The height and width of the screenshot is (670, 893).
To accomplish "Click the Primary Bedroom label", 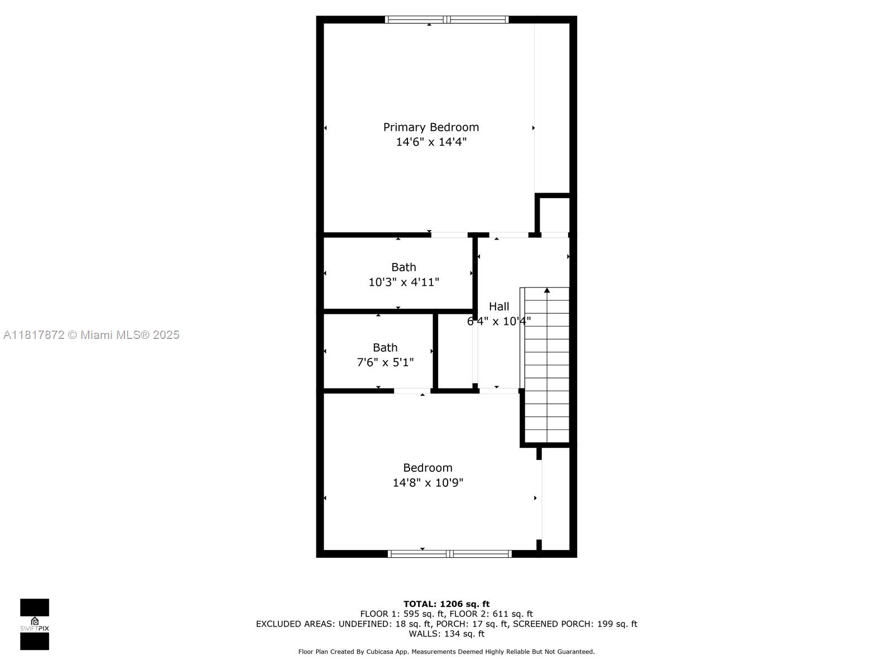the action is click(x=431, y=127).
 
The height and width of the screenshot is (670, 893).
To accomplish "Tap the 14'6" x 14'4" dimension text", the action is click(x=431, y=142).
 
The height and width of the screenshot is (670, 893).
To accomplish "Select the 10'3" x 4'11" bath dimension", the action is click(x=404, y=282).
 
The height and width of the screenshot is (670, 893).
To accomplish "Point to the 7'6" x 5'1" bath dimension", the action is click(x=385, y=362).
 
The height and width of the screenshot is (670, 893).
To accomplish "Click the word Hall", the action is click(x=499, y=307).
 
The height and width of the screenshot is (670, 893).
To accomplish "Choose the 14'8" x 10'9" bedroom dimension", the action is click(x=428, y=482).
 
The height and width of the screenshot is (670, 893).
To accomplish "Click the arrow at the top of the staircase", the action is click(x=547, y=290).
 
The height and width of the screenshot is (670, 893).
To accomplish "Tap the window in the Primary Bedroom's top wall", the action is click(x=446, y=20).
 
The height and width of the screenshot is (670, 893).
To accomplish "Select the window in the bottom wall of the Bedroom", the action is click(x=449, y=554).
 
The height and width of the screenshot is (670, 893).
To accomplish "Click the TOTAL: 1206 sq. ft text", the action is click(x=446, y=604).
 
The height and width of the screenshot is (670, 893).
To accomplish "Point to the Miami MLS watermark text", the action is click(x=91, y=335).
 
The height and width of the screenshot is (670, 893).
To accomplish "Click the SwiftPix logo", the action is click(x=35, y=624).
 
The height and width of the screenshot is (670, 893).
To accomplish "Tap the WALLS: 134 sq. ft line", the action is click(x=446, y=634).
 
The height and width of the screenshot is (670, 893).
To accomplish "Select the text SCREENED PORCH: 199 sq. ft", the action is click(x=575, y=624).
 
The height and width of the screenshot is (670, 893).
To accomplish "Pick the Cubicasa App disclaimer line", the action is click(x=446, y=652).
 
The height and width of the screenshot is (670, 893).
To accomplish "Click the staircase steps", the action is click(x=547, y=365).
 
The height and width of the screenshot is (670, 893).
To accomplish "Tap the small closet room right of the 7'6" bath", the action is click(x=455, y=351).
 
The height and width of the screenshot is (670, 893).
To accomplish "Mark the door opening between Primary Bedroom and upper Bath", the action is click(x=449, y=234).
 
